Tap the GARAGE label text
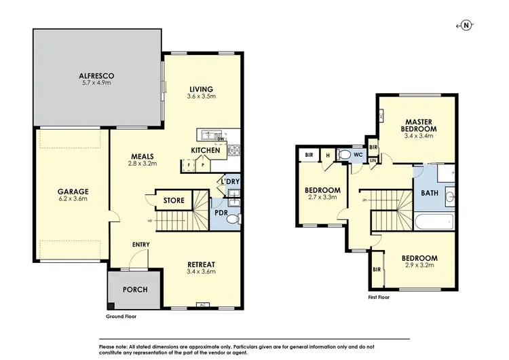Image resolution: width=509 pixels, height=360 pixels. coord(73,191)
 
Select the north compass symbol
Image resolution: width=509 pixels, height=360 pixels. coord(466,25)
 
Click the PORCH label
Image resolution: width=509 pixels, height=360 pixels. coord(134,289)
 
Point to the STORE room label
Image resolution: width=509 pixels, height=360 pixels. coord(174,200)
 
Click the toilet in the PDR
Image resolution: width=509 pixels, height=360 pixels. coord(231,219)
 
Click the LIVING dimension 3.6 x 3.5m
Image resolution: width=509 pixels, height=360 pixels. coord(202,97)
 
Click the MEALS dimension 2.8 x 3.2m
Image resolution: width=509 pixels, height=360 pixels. coord(145,164)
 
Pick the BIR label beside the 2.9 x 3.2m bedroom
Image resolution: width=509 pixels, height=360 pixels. coord(377,269)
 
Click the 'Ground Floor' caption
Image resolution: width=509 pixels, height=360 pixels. coord(121,317)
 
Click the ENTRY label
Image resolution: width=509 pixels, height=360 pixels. coord(141,245)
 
